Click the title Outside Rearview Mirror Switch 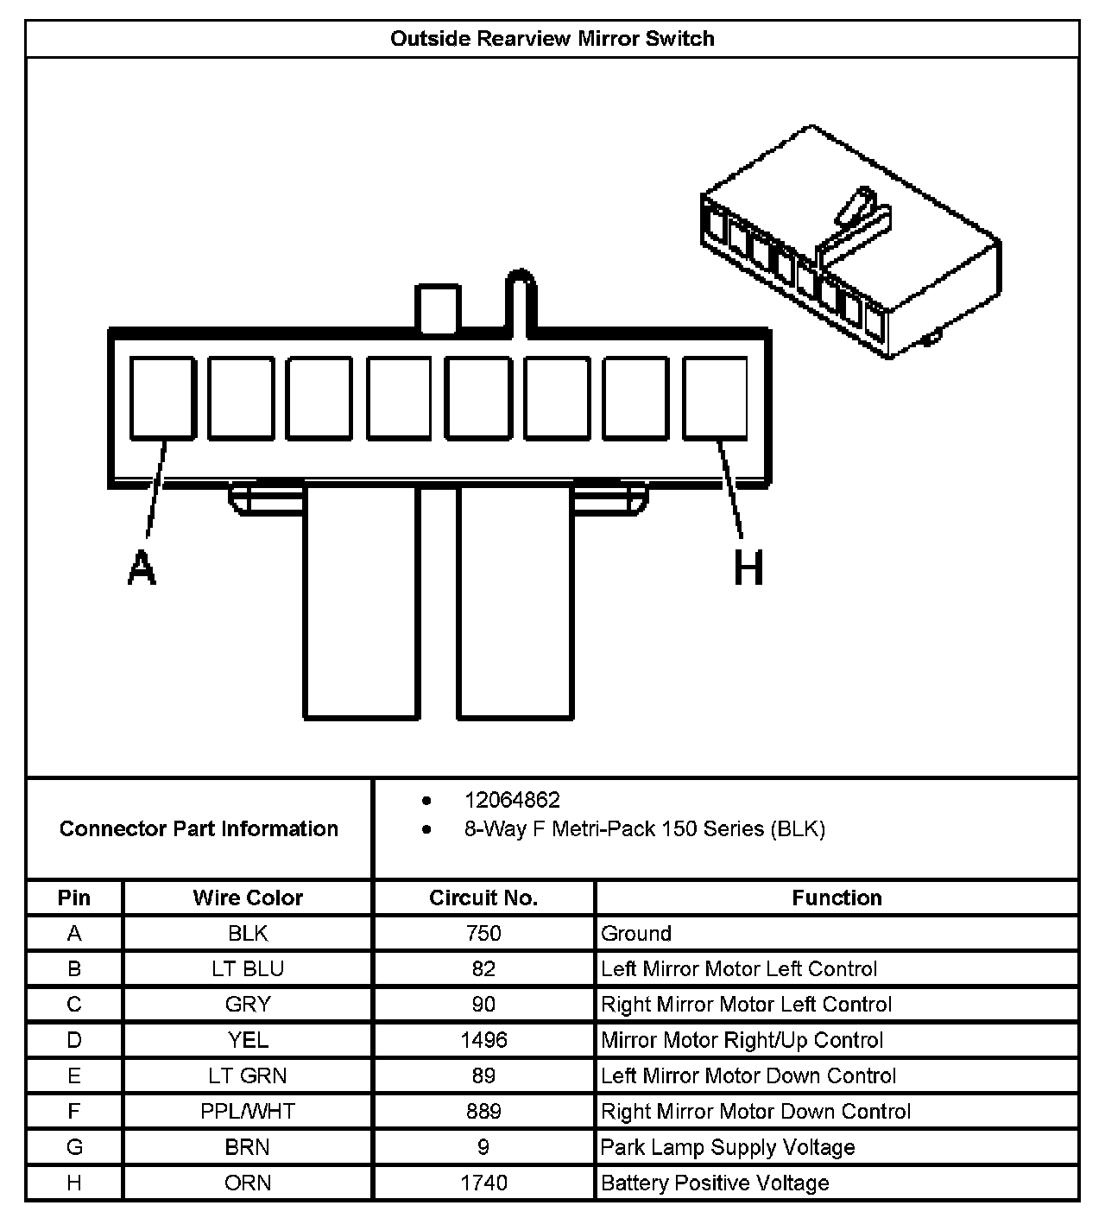552,39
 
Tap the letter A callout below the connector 142,568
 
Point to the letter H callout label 748,568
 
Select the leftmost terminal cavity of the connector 161,397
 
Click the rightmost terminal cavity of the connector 715,397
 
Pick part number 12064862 512,800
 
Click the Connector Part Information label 199,828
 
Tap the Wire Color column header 248,898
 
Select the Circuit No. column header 483,898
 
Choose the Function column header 837,898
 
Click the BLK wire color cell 248,933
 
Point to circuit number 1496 483,1040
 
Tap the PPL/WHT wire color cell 248,1111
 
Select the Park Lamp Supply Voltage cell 728,1147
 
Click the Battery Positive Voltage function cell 715,1183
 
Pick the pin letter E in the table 74,1075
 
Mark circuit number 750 483,933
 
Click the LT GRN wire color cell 248,1075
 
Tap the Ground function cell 636,933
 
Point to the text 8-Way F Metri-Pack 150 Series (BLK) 644,829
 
